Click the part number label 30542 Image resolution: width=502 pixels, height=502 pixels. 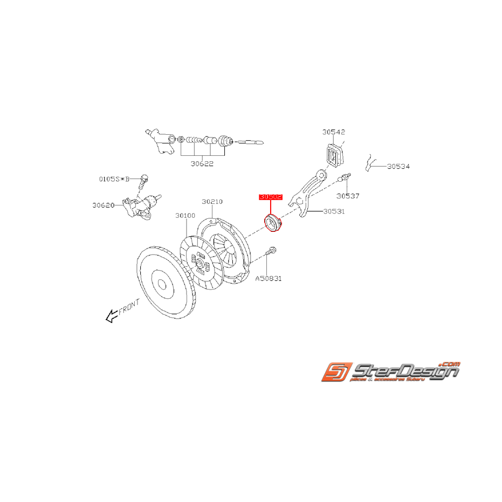coord(334,132)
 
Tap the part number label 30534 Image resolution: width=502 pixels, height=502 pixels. coord(398,167)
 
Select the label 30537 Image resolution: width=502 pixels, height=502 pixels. coord(348,196)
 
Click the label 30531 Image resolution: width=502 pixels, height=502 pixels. coord(334,211)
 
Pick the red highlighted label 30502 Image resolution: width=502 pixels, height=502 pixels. coord(271,197)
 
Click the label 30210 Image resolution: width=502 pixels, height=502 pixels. coord(212,202)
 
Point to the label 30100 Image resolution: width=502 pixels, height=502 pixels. coord(185,215)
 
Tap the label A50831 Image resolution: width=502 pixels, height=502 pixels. coord(269,279)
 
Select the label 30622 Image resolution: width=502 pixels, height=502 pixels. coord(203,163)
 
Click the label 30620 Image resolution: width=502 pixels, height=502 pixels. coord(102,205)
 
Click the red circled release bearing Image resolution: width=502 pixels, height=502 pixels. coord(274,223)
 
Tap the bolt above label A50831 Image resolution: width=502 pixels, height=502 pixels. coord(271,252)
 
